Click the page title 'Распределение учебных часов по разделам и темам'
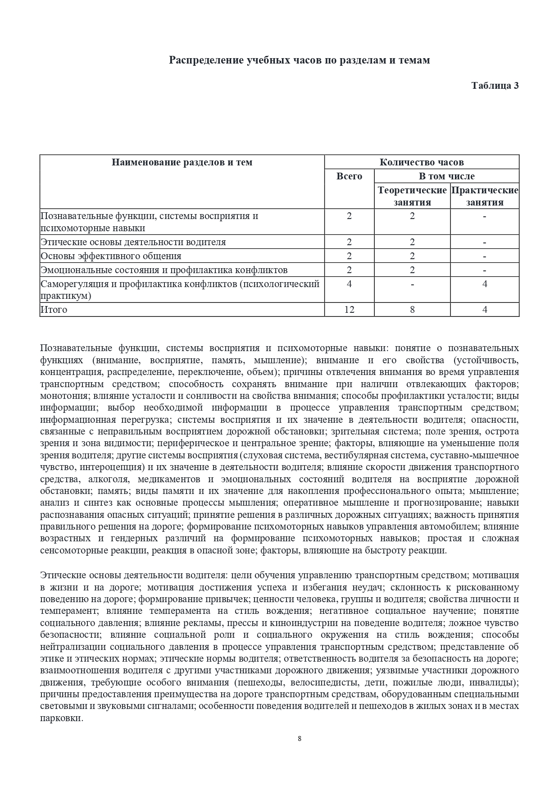[x=299, y=60]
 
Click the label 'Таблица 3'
[x=495, y=86]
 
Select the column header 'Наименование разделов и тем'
[x=182, y=162]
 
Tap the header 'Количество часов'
[x=421, y=162]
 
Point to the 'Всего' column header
[x=349, y=176]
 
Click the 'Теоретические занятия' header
[x=412, y=196]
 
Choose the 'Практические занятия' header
[x=485, y=196]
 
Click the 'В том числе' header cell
[x=446, y=176]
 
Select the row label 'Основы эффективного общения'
[x=111, y=256]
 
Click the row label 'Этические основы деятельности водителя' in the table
[x=133, y=242]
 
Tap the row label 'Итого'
[x=54, y=310]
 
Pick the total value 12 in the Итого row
[x=349, y=310]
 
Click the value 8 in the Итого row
[x=412, y=310]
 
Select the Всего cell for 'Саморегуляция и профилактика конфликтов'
[x=349, y=284]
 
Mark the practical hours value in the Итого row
[x=485, y=310]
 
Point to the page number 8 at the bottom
[x=300, y=738]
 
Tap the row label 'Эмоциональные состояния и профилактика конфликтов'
[x=164, y=270]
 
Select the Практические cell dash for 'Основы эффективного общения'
[x=485, y=256]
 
